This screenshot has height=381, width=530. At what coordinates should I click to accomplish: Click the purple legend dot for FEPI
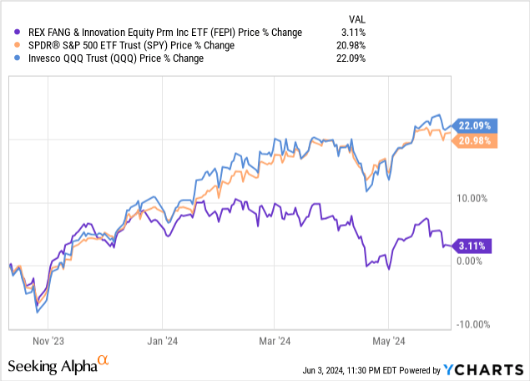pos(12,32)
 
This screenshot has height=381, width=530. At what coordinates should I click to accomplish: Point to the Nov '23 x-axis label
pos(48,341)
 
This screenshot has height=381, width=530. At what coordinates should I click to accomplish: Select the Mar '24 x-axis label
pos(275,341)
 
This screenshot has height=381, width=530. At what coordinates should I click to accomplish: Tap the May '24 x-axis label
pos(388,341)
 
